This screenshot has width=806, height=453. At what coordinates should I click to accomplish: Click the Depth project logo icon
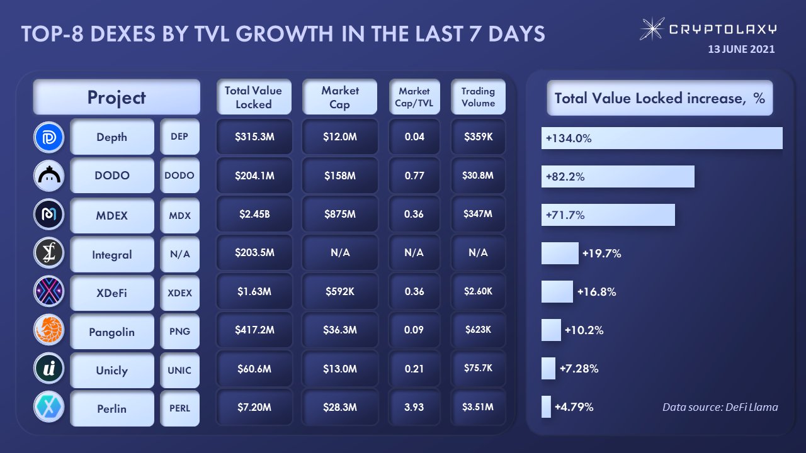click(x=48, y=138)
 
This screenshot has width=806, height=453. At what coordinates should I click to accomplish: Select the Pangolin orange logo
click(x=48, y=332)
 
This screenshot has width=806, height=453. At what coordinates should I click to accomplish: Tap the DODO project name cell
click(x=112, y=176)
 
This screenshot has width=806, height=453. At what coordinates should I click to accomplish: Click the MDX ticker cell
click(x=179, y=215)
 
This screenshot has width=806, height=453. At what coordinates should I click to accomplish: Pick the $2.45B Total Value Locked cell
click(x=254, y=214)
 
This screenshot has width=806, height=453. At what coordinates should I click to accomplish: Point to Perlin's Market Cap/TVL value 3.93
click(x=414, y=407)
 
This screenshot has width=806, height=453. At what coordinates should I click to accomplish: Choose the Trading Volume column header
click(x=478, y=97)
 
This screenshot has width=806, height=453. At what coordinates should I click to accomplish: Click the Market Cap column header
click(x=339, y=97)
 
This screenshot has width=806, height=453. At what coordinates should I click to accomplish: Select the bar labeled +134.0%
click(x=661, y=138)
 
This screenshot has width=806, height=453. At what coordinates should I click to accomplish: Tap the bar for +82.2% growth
click(x=618, y=177)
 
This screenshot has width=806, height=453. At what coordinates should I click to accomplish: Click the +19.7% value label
click(x=601, y=254)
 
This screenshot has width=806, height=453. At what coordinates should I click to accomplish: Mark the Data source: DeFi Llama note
click(x=720, y=407)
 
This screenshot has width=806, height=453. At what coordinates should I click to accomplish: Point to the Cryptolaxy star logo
click(x=652, y=29)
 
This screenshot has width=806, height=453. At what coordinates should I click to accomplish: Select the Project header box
click(x=116, y=97)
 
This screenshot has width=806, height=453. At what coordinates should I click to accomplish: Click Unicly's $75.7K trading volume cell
click(x=478, y=368)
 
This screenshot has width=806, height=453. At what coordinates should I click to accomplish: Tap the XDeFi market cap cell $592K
click(x=339, y=291)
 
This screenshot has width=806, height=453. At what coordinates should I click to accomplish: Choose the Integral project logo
click(x=48, y=254)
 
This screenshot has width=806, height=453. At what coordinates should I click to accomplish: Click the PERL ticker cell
click(x=179, y=408)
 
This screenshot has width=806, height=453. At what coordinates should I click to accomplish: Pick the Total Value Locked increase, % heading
click(x=659, y=98)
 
